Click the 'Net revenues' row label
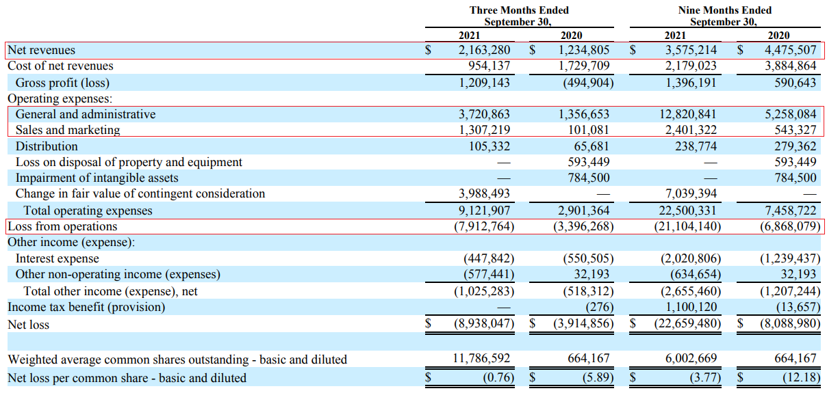[42, 51]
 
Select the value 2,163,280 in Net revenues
[484, 51]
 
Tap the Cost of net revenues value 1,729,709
[584, 66]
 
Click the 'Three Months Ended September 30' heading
[518, 16]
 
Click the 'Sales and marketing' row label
[68, 130]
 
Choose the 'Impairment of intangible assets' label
[97, 178]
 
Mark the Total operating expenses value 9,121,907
[484, 211]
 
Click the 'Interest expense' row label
[57, 258]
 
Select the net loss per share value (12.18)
[800, 377]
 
